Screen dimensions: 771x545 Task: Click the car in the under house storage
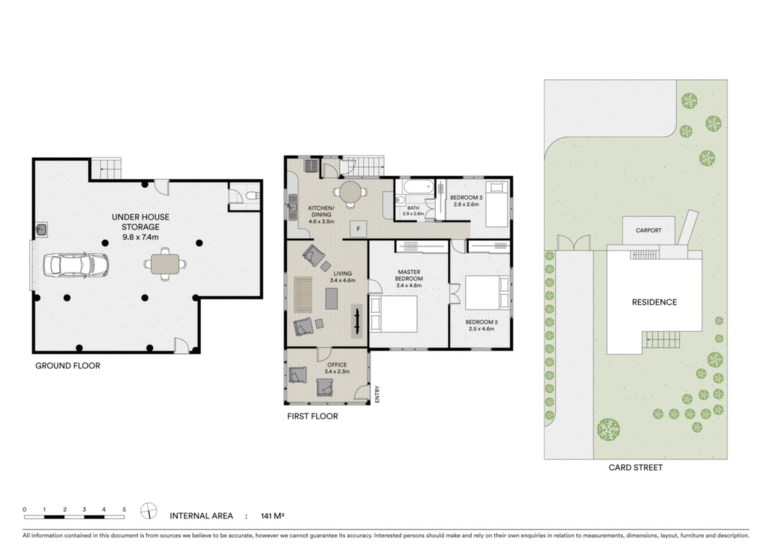(x=76, y=265)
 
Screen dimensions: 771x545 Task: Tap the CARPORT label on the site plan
(x=648, y=230)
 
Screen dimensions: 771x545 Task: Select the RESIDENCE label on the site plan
(x=654, y=302)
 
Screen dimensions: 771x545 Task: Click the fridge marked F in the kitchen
(x=358, y=229)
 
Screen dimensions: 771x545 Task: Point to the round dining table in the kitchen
(x=351, y=192)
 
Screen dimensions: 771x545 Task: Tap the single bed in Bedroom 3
(x=497, y=204)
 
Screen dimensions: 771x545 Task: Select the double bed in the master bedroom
(x=393, y=314)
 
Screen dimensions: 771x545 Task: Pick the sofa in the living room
(x=303, y=294)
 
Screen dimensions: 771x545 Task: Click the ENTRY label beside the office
(x=377, y=394)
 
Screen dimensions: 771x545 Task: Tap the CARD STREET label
(x=635, y=468)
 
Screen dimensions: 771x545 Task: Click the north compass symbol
(x=148, y=511)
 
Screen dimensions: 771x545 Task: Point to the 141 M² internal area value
(x=273, y=516)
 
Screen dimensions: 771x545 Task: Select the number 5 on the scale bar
(x=124, y=510)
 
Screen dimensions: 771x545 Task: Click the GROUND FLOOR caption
(x=67, y=366)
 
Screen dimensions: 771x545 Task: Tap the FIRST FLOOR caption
(x=312, y=416)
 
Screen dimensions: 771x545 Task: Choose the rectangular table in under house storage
(x=165, y=264)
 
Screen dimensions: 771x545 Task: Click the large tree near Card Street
(x=608, y=429)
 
